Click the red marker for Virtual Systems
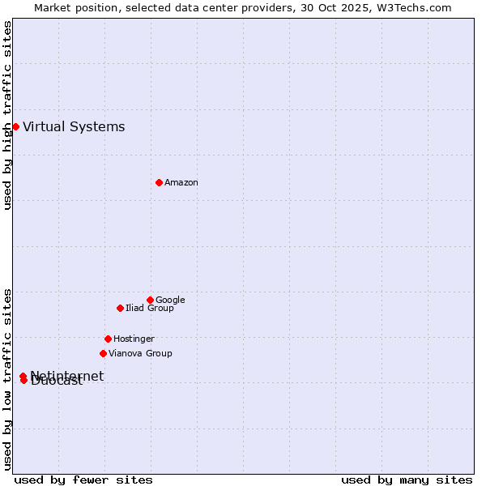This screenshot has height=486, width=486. [x=15, y=126]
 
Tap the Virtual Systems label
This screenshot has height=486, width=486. [x=74, y=126]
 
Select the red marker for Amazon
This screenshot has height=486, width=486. [x=159, y=182]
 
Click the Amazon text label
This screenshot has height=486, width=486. [x=181, y=183]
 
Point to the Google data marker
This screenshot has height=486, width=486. [x=150, y=300]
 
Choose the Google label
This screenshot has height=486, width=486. [x=170, y=301]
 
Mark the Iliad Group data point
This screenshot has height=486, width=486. [x=120, y=308]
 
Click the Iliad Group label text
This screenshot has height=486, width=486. [x=150, y=309]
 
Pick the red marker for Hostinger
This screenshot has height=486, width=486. [x=108, y=339]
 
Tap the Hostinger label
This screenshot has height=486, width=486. [x=134, y=339]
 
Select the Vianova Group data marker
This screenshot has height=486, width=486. [x=103, y=353]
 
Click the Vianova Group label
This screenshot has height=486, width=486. [x=140, y=354]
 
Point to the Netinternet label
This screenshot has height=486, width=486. [x=68, y=375]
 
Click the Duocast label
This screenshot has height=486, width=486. [x=58, y=382]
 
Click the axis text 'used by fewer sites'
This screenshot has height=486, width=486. [x=83, y=480]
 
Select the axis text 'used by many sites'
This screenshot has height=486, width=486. [x=407, y=480]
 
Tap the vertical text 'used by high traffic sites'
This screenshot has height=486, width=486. [x=8, y=116]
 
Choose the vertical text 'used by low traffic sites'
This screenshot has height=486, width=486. [x=8, y=378]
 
